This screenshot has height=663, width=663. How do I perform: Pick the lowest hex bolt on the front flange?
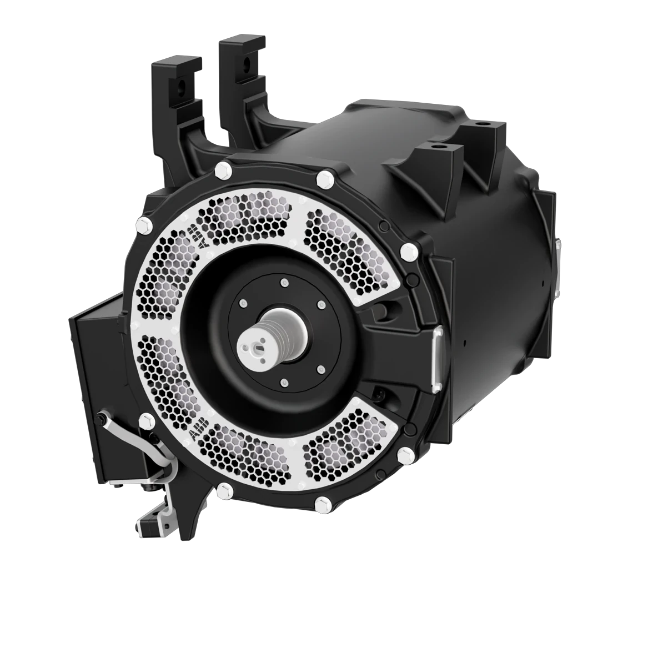pyautogui.click(x=320, y=505)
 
